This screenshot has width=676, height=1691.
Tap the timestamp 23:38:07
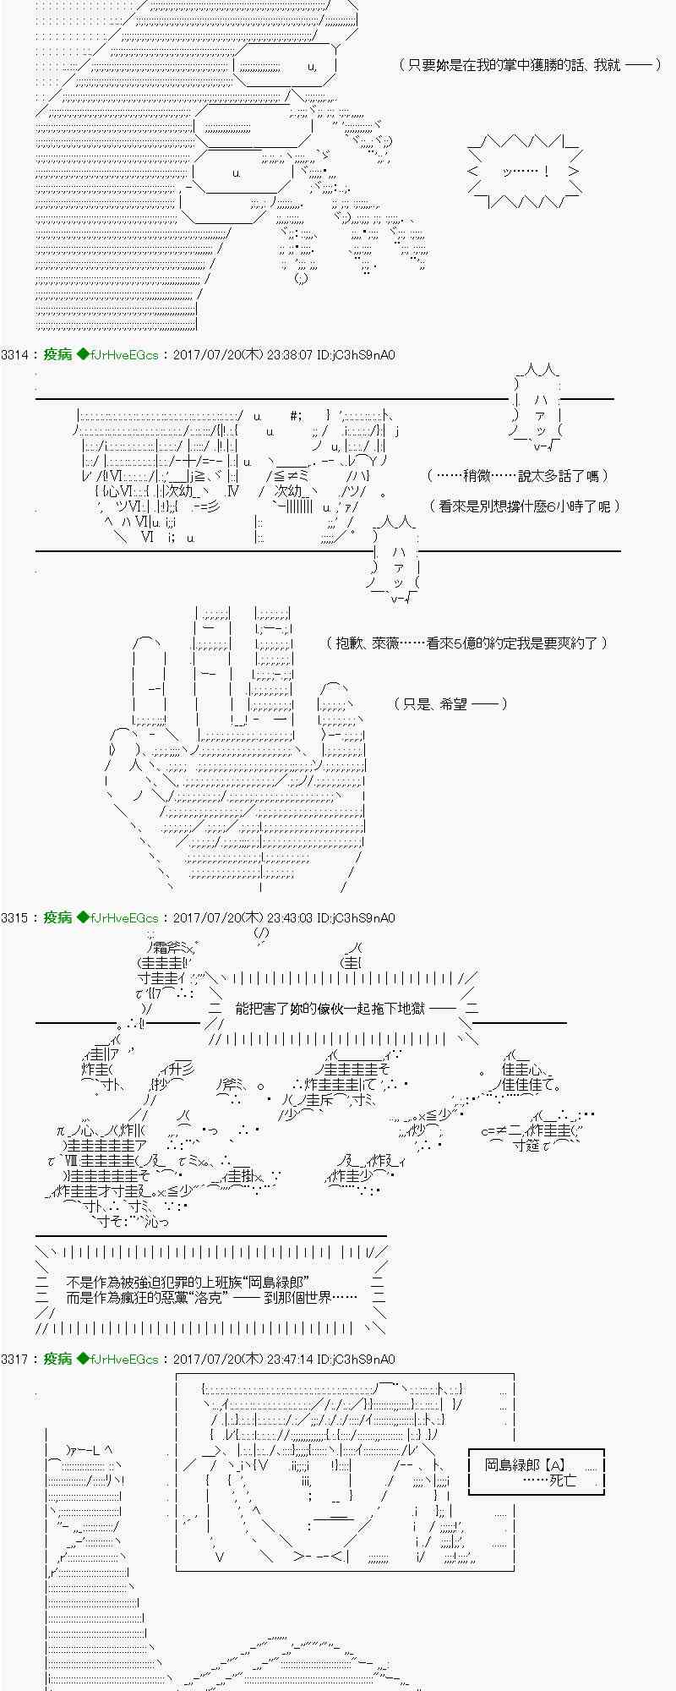pos(290,355)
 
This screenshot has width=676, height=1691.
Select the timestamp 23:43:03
pos(290,917)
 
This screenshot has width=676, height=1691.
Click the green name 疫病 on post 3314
pos(57,355)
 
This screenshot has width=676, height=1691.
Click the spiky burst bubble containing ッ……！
pos(525,172)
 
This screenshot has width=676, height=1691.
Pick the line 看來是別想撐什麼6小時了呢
pos(525,506)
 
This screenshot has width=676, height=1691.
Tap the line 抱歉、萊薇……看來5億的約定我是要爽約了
pos(467,643)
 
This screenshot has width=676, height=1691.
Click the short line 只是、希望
pos(450,703)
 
